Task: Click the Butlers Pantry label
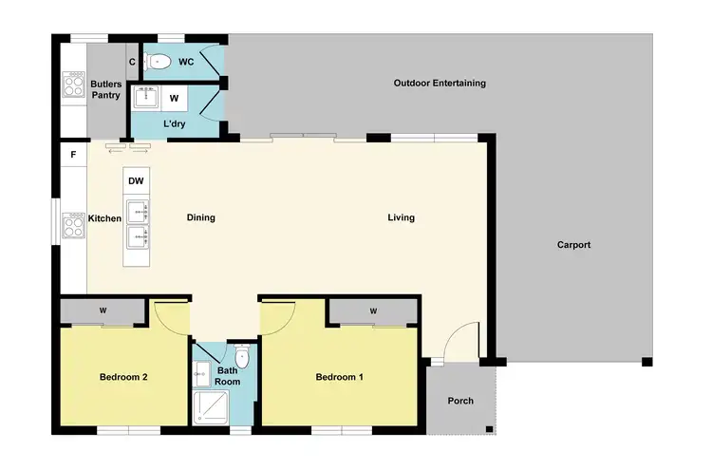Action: (105, 89)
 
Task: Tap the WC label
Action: (186, 62)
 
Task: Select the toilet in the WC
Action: (159, 63)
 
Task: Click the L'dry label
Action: (174, 124)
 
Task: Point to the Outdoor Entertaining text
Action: (440, 84)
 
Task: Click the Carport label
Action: (573, 245)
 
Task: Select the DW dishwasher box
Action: (136, 180)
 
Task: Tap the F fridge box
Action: (73, 154)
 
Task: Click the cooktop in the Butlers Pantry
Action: (74, 85)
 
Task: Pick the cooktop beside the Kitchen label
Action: (74, 225)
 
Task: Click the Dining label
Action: (200, 217)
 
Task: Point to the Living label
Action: (401, 217)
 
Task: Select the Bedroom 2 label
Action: (123, 377)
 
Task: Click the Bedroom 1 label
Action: (339, 377)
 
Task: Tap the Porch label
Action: (460, 401)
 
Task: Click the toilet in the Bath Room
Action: (243, 358)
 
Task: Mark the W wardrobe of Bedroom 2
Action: (103, 310)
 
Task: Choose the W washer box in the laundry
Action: (174, 97)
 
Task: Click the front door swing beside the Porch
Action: (463, 342)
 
